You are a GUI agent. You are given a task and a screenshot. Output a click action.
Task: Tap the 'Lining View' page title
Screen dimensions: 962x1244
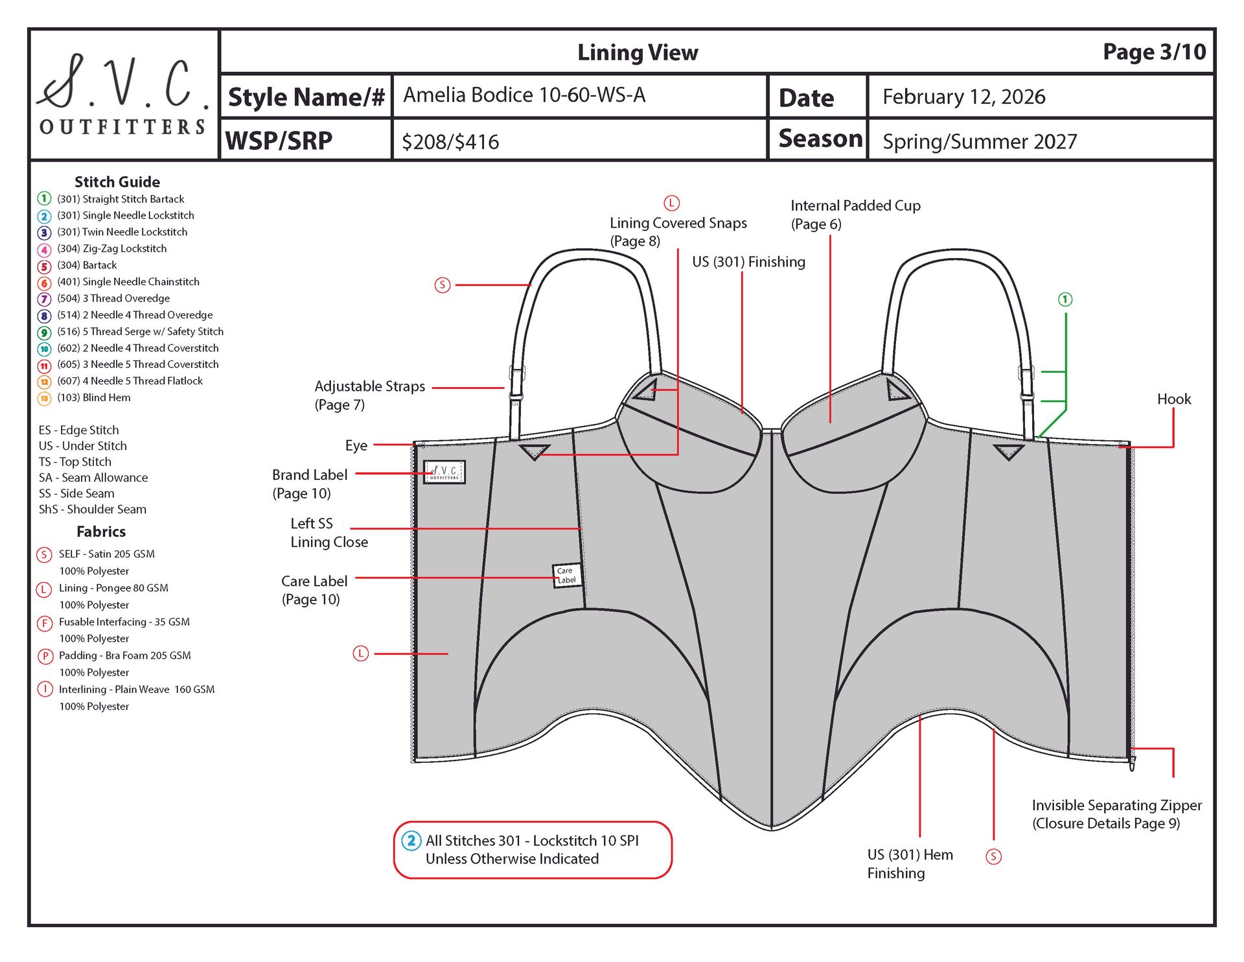(x=638, y=53)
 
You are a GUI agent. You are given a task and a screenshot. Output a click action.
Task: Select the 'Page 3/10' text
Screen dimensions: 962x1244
(x=1154, y=52)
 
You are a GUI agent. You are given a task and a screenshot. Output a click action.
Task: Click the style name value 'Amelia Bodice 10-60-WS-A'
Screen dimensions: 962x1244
(x=524, y=95)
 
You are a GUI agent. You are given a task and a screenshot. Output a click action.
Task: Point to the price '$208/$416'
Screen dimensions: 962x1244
(x=450, y=142)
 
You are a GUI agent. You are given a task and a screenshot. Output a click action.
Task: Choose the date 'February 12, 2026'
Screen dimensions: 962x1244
(x=963, y=97)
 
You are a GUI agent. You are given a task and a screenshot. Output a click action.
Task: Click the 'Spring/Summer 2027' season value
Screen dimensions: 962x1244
(x=979, y=142)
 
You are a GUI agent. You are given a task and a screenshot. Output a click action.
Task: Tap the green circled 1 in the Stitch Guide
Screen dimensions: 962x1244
(x=44, y=198)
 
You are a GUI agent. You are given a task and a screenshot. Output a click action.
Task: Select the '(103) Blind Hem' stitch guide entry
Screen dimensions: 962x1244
(x=93, y=398)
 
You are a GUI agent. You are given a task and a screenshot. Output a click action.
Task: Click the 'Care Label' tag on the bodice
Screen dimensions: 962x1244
(x=566, y=575)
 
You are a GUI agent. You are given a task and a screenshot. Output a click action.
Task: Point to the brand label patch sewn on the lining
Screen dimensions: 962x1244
(x=444, y=472)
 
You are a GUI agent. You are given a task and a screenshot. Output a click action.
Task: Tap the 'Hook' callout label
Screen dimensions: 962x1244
(x=1173, y=399)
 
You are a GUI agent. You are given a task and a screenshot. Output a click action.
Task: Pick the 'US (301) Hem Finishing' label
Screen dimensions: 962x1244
(x=909, y=863)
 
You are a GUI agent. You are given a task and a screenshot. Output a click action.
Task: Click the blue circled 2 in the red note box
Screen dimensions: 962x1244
(x=411, y=841)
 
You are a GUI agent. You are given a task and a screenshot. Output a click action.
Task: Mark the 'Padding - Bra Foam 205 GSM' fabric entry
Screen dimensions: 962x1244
(x=124, y=655)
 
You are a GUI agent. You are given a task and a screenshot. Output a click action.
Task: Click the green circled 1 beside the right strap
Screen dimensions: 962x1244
(x=1065, y=299)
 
